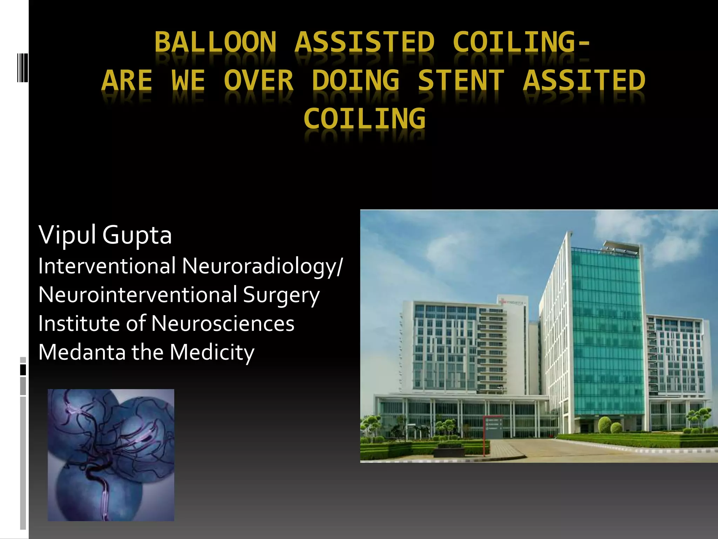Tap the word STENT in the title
tap(461, 80)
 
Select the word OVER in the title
tap(259, 80)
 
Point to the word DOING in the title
tap(355, 80)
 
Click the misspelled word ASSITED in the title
tap(584, 80)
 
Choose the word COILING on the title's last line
tap(365, 119)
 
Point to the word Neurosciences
tap(223, 324)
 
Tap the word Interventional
tap(107, 266)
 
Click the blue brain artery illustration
tap(111, 455)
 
